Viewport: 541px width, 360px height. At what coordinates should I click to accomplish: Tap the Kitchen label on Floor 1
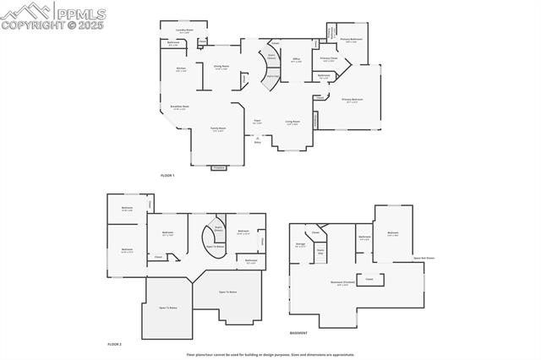[181, 69]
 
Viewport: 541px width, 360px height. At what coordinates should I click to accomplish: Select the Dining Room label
[222, 67]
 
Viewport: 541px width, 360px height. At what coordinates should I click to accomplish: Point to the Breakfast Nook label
[179, 107]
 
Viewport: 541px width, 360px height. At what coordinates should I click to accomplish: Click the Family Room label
[218, 129]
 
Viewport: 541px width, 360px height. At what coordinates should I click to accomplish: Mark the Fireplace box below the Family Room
[219, 167]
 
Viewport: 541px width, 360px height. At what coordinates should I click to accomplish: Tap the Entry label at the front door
[257, 142]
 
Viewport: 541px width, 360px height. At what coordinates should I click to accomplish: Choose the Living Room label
[292, 123]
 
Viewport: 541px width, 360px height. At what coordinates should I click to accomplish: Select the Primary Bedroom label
[352, 101]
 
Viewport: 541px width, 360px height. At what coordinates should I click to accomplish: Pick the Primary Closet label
[328, 59]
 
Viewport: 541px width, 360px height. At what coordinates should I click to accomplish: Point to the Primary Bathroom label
[352, 40]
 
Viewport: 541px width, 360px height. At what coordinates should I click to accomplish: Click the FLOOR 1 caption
[167, 175]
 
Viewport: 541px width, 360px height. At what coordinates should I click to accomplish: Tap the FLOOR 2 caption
[115, 344]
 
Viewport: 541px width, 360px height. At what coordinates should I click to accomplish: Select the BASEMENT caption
[298, 332]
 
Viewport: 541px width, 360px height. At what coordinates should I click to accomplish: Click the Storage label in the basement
[301, 244]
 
